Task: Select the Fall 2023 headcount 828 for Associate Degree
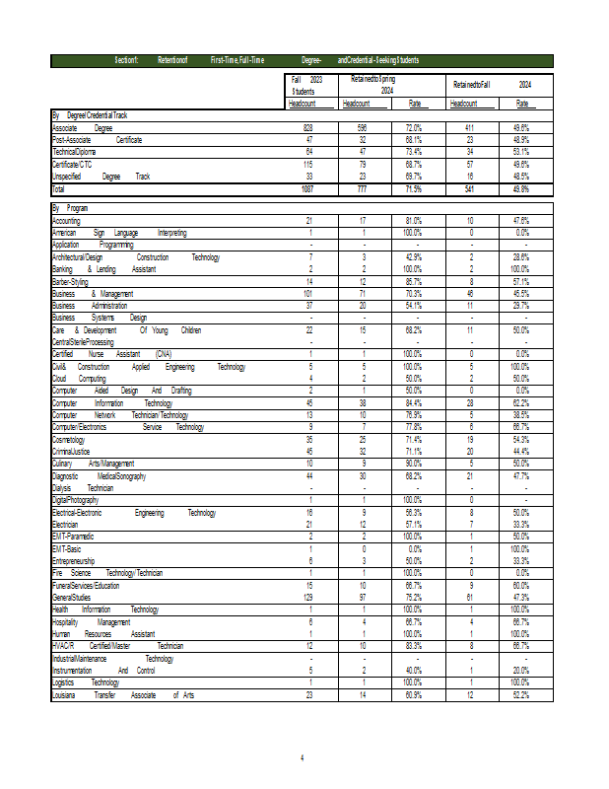pyautogui.click(x=306, y=128)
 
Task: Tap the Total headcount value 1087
pyautogui.click(x=305, y=187)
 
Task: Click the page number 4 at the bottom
pyautogui.click(x=304, y=757)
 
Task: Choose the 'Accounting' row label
pyautogui.click(x=67, y=220)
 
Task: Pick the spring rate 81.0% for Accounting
pyautogui.click(x=414, y=220)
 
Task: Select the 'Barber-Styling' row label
pyautogui.click(x=71, y=281)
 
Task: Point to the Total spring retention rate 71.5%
pyautogui.click(x=414, y=187)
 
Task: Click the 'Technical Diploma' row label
pyautogui.click(x=76, y=152)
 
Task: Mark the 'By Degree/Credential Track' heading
pyautogui.click(x=90, y=115)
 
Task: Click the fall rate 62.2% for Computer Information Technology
pyautogui.click(x=520, y=402)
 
